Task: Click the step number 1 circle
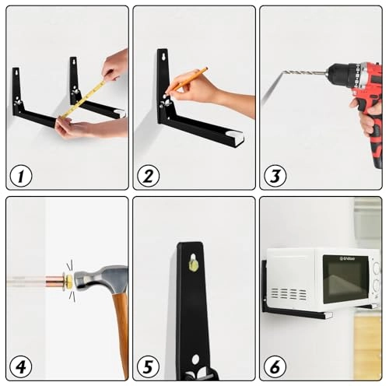(x=21, y=176)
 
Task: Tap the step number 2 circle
(x=148, y=176)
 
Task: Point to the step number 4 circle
(x=21, y=366)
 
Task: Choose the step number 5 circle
(x=148, y=366)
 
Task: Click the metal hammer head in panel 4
(x=101, y=278)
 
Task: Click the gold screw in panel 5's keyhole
(x=194, y=265)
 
